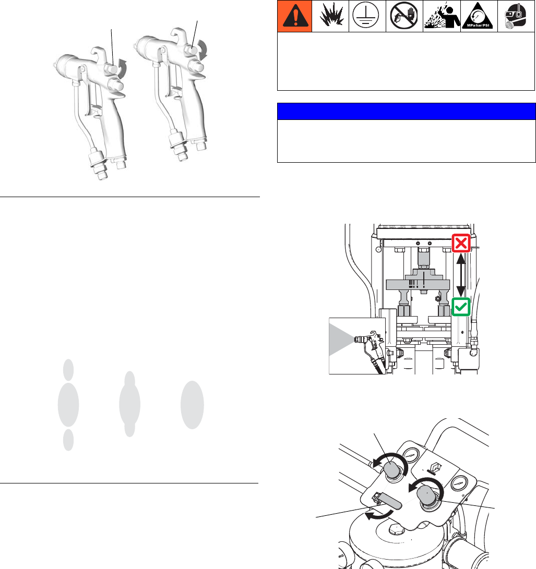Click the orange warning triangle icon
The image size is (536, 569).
[x=295, y=16]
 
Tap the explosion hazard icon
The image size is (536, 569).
[x=331, y=16]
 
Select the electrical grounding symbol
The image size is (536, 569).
[x=365, y=16]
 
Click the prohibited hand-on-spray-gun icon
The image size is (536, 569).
[x=404, y=16]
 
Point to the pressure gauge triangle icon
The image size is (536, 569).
[x=478, y=16]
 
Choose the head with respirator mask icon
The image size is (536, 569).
[x=515, y=16]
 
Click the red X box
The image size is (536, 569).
[x=461, y=243]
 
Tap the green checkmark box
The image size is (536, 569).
[x=461, y=307]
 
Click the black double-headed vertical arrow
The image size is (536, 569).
[x=461, y=275]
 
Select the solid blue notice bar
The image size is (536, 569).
[x=407, y=112]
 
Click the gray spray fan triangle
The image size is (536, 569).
[x=341, y=340]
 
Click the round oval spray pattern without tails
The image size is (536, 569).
[x=192, y=405]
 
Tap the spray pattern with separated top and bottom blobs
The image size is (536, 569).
[x=68, y=405]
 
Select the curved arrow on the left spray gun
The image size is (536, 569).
[x=123, y=68]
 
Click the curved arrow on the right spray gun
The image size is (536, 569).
[x=203, y=50]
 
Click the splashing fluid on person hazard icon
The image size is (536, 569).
[x=442, y=16]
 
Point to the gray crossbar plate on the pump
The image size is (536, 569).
[x=420, y=285]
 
